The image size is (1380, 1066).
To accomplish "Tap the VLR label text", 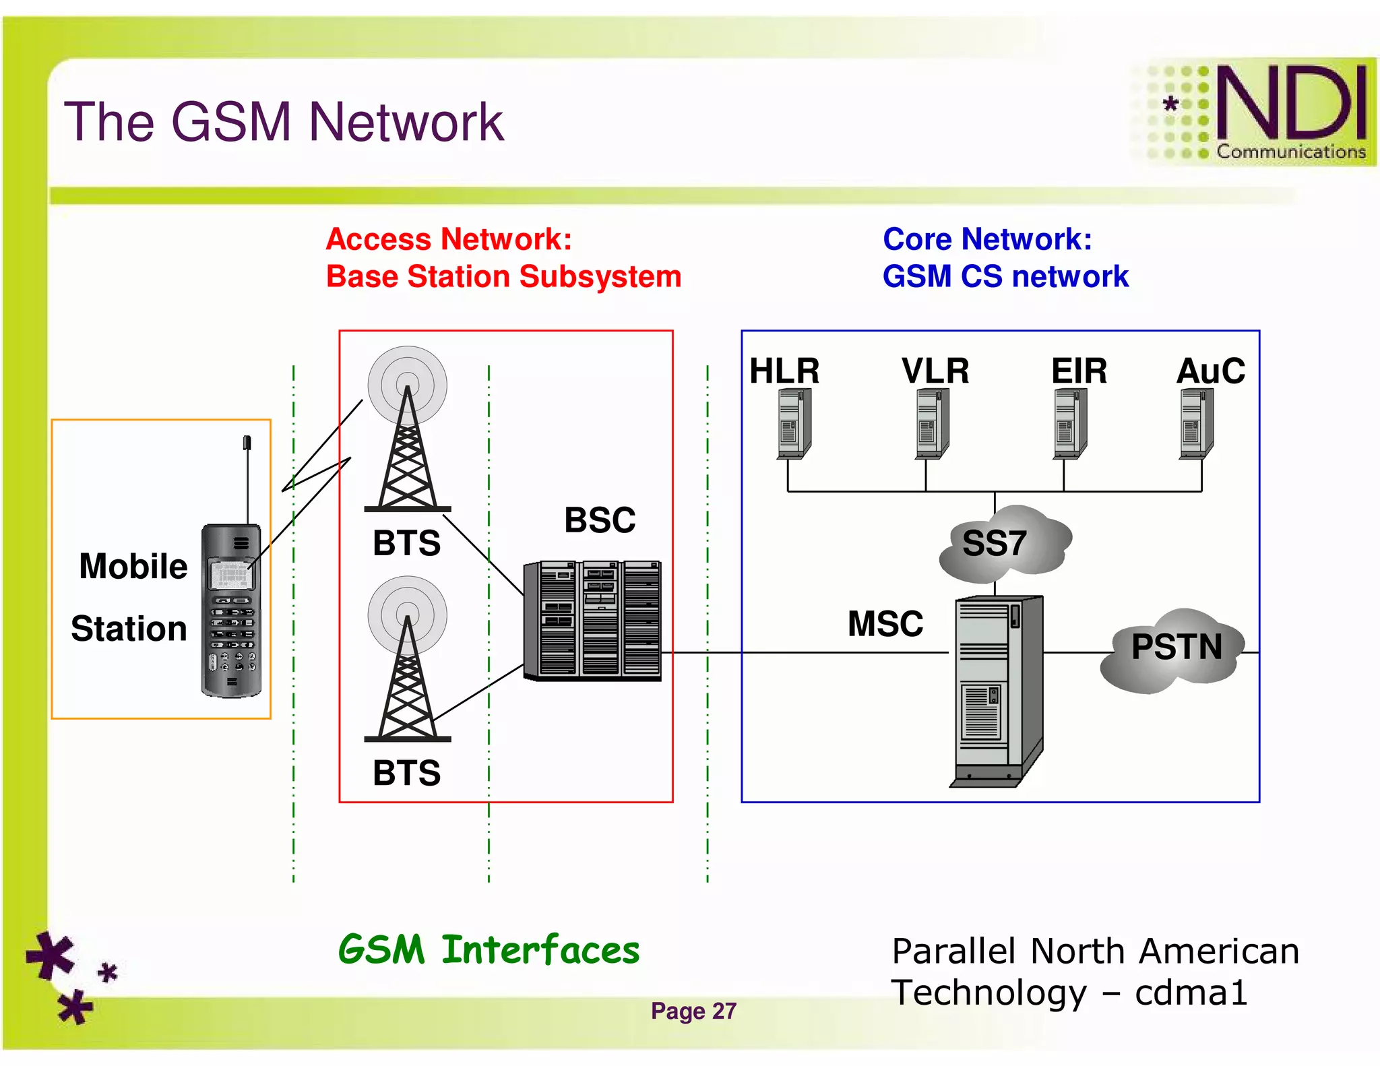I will (x=935, y=371).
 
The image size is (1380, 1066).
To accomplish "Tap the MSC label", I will (x=885, y=623).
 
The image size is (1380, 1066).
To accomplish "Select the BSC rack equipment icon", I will (x=592, y=620).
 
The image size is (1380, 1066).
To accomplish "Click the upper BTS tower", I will (x=407, y=431).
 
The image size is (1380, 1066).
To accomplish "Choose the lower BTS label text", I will (x=406, y=773).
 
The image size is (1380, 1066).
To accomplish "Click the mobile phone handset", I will (x=231, y=610).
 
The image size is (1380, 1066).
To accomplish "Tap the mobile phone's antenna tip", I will (x=247, y=442).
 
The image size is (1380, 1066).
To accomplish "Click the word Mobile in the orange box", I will (x=133, y=566).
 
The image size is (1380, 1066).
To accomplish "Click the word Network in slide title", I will (x=406, y=122).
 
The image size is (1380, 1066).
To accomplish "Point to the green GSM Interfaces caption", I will (x=489, y=950).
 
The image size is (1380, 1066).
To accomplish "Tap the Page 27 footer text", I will (x=693, y=1011).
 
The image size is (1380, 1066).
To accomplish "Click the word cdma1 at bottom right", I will (x=1191, y=993).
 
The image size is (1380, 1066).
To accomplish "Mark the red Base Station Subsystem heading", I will (x=503, y=276).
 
